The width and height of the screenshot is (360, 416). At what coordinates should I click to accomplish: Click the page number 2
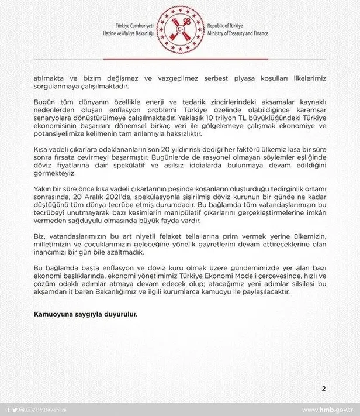point(323,389)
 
